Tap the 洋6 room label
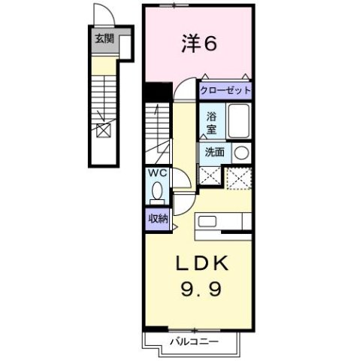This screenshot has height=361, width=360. (199, 44)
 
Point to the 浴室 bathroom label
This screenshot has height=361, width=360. (212, 123)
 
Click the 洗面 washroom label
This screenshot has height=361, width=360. (214, 151)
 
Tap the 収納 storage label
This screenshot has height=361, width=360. (158, 219)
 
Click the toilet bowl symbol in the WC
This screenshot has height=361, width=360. (156, 192)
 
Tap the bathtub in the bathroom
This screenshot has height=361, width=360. (238, 122)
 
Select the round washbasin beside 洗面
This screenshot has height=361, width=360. (241, 152)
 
